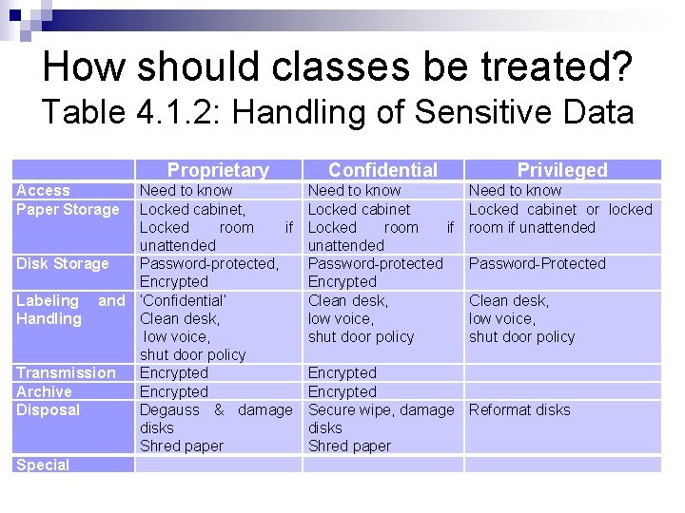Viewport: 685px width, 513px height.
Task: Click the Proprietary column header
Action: point(218,170)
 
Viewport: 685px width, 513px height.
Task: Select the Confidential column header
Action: point(382,170)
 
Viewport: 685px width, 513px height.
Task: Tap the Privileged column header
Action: point(561,170)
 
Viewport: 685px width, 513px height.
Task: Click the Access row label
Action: point(43,191)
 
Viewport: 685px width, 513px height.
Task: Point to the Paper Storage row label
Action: point(68,209)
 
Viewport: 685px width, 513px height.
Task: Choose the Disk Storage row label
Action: point(63,263)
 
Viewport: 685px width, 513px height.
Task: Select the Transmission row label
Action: point(66,373)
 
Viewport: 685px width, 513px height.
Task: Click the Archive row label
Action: point(44,391)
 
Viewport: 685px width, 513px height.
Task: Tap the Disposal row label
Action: point(49,409)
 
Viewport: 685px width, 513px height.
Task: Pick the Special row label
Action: point(43,465)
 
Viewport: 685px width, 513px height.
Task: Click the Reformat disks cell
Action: point(519,409)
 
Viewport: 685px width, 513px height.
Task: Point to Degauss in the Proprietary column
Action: point(169,409)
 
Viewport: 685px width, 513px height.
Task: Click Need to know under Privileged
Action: point(515,191)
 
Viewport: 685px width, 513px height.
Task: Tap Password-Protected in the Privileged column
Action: point(537,263)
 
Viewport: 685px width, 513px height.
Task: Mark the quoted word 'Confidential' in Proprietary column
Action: point(183,300)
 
